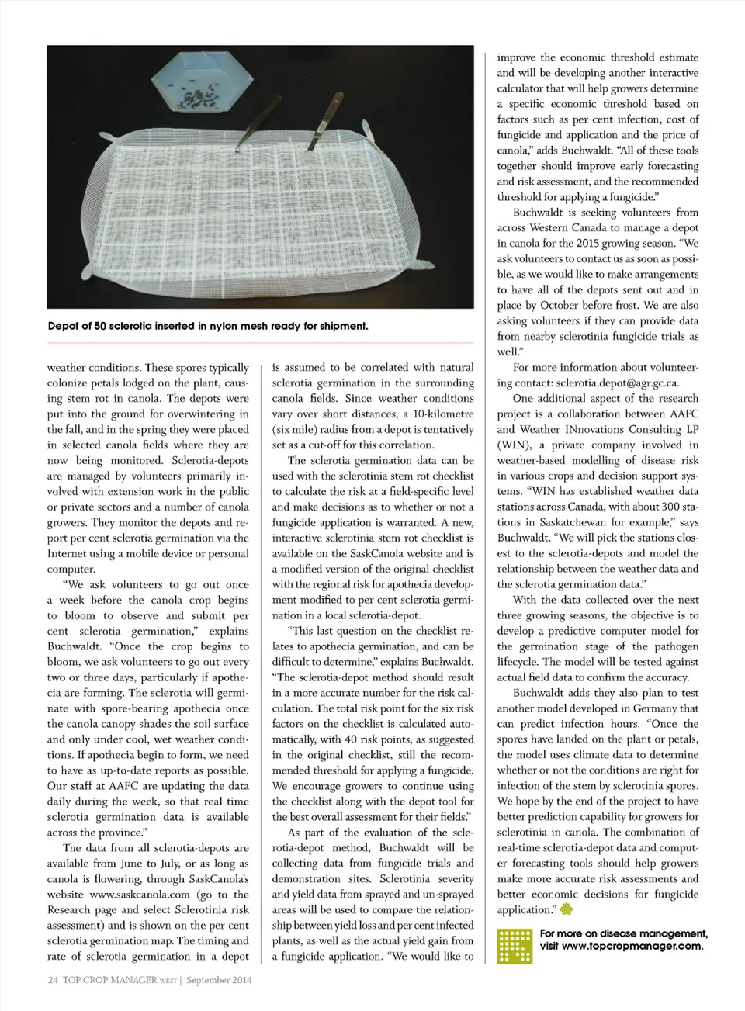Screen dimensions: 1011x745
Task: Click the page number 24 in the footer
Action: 53,980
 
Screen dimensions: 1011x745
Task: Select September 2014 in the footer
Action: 219,980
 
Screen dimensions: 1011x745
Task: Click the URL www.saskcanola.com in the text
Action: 140,895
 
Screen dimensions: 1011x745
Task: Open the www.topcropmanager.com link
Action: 632,946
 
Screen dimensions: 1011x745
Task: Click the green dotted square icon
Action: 515,946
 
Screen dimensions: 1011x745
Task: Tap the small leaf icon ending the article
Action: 566,910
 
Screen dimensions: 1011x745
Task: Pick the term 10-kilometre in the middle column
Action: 442,414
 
